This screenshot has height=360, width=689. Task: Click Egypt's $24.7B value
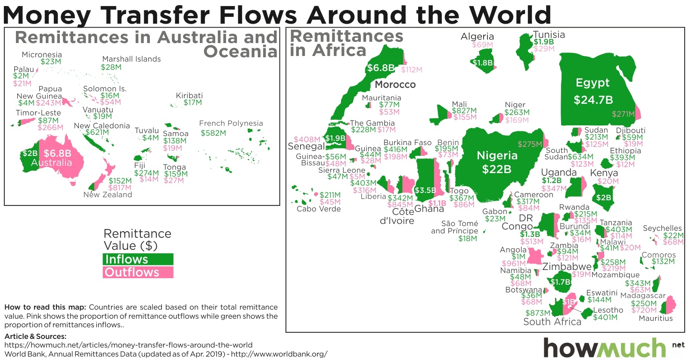(593, 100)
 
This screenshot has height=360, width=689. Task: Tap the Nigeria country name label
(497, 155)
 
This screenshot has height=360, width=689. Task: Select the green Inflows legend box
(138, 259)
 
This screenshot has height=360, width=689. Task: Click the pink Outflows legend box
(138, 272)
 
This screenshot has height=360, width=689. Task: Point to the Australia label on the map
(51, 163)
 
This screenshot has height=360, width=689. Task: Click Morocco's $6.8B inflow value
(381, 68)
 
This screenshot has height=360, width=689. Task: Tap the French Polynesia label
(231, 123)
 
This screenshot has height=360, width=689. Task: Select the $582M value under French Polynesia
(213, 133)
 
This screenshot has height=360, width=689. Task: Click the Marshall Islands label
(131, 59)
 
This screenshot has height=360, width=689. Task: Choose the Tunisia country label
(549, 34)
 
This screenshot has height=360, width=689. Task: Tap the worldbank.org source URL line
(166, 354)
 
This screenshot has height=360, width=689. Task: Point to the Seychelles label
(662, 228)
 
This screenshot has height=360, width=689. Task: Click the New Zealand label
(108, 195)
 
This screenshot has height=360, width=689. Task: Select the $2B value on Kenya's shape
(603, 198)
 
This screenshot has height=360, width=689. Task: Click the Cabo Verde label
(319, 209)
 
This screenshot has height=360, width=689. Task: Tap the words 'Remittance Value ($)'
(137, 239)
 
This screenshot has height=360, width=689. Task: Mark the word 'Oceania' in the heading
(240, 52)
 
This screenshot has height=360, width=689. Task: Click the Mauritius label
(655, 318)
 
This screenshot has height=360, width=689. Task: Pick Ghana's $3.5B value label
(425, 190)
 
